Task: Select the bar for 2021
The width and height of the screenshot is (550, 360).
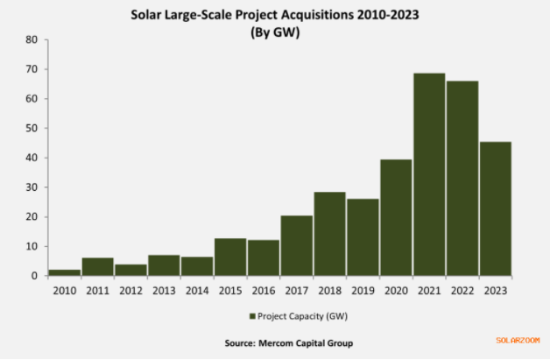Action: (x=429, y=175)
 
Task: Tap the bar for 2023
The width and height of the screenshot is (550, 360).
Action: (x=496, y=209)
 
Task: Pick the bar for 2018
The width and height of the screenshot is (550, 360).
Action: (x=329, y=234)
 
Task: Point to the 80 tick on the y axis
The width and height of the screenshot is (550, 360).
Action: (x=32, y=39)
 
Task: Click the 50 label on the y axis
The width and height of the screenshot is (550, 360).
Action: (x=32, y=128)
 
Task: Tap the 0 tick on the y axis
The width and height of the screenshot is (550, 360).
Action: (x=34, y=276)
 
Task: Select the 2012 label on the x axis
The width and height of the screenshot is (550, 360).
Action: (x=130, y=290)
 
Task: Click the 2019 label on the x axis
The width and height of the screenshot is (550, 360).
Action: (x=363, y=290)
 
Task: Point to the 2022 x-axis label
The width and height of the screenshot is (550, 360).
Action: (x=462, y=290)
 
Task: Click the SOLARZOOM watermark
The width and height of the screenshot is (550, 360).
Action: (x=516, y=341)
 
